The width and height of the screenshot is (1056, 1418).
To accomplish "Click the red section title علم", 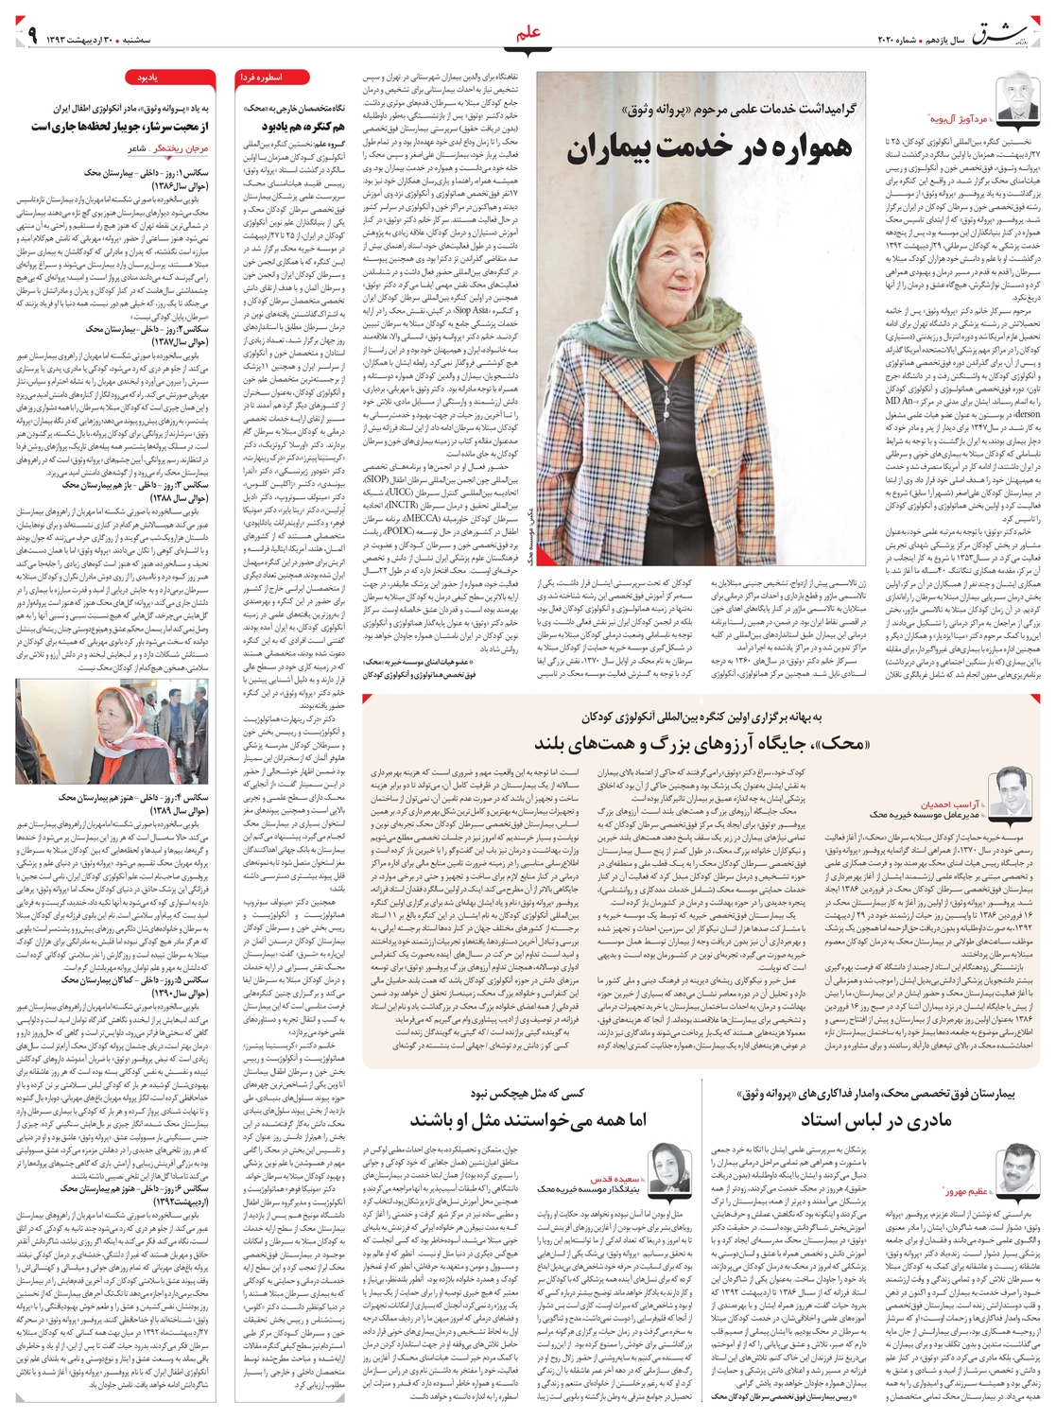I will [x=528, y=36].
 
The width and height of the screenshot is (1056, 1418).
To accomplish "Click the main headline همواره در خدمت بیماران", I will [x=711, y=147].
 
